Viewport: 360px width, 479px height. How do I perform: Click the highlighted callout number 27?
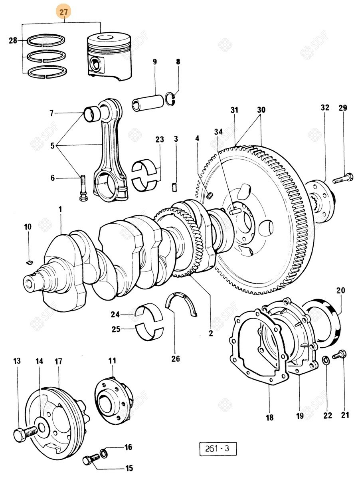click(x=63, y=12)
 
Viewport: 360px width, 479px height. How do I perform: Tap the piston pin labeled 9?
click(x=148, y=103)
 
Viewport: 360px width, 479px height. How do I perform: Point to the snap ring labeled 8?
click(x=171, y=99)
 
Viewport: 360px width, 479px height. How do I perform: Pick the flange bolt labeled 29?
click(x=343, y=178)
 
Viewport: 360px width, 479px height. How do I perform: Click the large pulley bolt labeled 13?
click(x=25, y=433)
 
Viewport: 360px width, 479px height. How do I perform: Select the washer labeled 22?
click(x=326, y=361)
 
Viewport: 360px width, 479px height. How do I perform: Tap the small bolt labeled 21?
click(x=340, y=354)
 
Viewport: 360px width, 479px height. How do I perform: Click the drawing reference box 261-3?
click(x=218, y=449)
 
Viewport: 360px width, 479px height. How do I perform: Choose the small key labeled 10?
click(x=28, y=261)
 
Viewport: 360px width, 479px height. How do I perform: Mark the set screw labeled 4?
click(x=210, y=195)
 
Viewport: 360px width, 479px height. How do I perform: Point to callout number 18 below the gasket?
click(x=270, y=418)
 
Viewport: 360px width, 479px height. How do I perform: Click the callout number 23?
click(x=160, y=140)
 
